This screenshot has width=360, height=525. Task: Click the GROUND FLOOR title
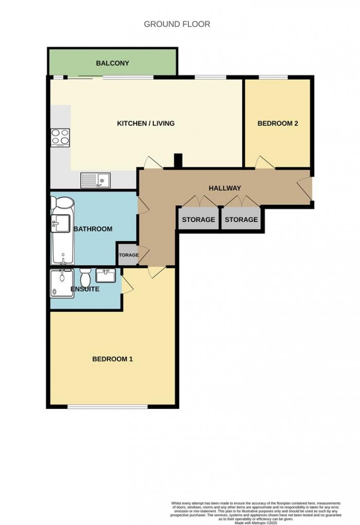tap(177, 24)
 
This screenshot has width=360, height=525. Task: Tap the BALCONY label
tap(113, 63)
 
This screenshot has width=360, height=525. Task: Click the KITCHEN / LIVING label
tap(146, 123)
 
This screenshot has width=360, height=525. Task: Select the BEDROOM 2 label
tap(278, 123)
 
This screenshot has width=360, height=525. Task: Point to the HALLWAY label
tap(225, 188)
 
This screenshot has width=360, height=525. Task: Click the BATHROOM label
tap(93, 229)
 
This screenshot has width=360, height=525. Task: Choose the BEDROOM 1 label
tap(112, 359)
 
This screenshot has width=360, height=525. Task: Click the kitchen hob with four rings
tap(60, 137)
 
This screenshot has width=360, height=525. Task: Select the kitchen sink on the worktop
tap(96, 180)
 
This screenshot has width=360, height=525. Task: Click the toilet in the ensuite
tap(85, 278)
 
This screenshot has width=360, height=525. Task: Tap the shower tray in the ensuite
tap(61, 283)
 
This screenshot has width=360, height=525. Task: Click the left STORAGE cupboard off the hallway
tap(198, 219)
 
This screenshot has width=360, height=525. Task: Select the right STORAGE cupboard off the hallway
tap(241, 219)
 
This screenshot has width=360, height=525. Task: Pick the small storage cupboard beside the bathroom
tap(128, 255)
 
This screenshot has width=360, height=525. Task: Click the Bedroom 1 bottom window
tap(107, 407)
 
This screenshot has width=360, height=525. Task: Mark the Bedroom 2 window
tap(273, 78)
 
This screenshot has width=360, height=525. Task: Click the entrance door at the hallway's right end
tap(307, 187)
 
